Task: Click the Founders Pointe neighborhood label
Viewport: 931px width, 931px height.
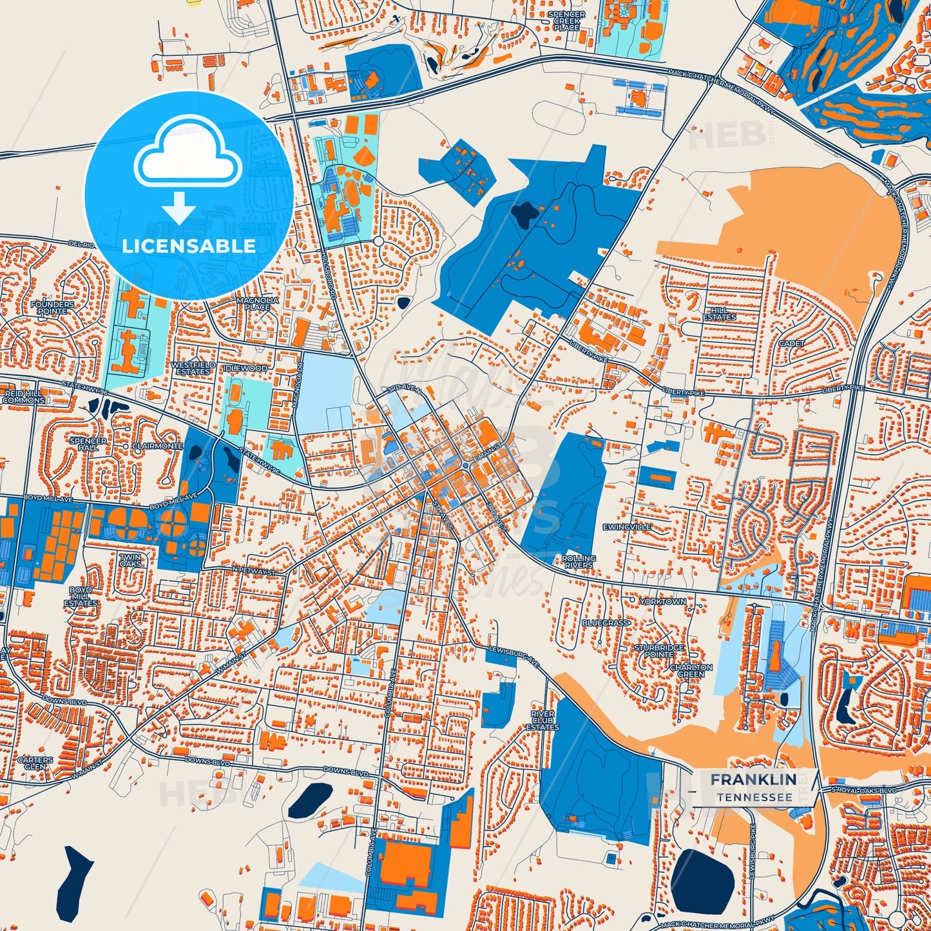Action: pos(53,307)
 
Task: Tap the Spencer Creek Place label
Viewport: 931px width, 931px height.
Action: pos(567,21)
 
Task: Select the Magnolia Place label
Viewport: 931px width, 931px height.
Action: pos(258,303)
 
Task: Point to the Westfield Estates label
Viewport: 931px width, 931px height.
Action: pos(193,368)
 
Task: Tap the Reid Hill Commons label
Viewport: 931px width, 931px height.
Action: pos(24,396)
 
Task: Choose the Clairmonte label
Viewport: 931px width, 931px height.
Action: pos(157,446)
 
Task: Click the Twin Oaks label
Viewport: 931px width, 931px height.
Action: pos(130,560)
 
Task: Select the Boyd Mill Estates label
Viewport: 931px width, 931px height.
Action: pos(81,597)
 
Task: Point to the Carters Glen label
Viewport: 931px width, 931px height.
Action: pos(35,763)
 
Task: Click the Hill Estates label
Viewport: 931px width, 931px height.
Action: pos(720,314)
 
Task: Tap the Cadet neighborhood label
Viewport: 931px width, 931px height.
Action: pos(792,343)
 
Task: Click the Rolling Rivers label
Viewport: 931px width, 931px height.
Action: pos(579,561)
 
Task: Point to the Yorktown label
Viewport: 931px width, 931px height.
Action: pos(663,601)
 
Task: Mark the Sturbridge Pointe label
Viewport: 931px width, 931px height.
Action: pos(658,651)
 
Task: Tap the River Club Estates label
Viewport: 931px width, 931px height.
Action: pos(542,720)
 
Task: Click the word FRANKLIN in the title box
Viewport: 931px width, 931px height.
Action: pos(753,780)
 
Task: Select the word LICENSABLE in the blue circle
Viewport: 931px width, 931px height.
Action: pos(189,246)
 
